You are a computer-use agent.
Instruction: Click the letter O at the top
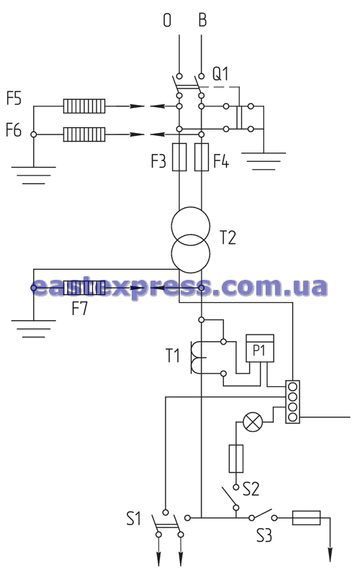(x=167, y=20)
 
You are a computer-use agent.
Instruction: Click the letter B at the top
(x=202, y=20)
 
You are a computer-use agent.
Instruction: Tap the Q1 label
(x=221, y=74)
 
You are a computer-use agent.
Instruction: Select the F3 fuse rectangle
(x=179, y=157)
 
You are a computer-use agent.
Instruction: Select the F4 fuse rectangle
(x=202, y=157)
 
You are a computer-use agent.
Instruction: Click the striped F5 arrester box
(x=84, y=106)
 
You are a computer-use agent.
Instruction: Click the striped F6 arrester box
(x=84, y=135)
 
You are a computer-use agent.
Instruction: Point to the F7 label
(x=80, y=309)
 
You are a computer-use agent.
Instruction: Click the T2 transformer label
(x=228, y=238)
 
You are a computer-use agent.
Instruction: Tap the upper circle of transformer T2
(x=191, y=207)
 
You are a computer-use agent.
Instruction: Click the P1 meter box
(x=260, y=348)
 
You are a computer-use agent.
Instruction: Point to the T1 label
(x=173, y=355)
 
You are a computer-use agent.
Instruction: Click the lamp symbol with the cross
(x=253, y=422)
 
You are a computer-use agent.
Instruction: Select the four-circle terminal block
(x=292, y=401)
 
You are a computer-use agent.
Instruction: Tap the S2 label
(x=251, y=489)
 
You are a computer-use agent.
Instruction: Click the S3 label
(x=264, y=535)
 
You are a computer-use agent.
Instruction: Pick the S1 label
(x=134, y=518)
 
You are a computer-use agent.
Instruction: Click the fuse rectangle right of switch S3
(x=306, y=517)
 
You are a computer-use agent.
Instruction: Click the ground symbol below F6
(x=34, y=175)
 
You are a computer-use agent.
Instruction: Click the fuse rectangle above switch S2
(x=236, y=458)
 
